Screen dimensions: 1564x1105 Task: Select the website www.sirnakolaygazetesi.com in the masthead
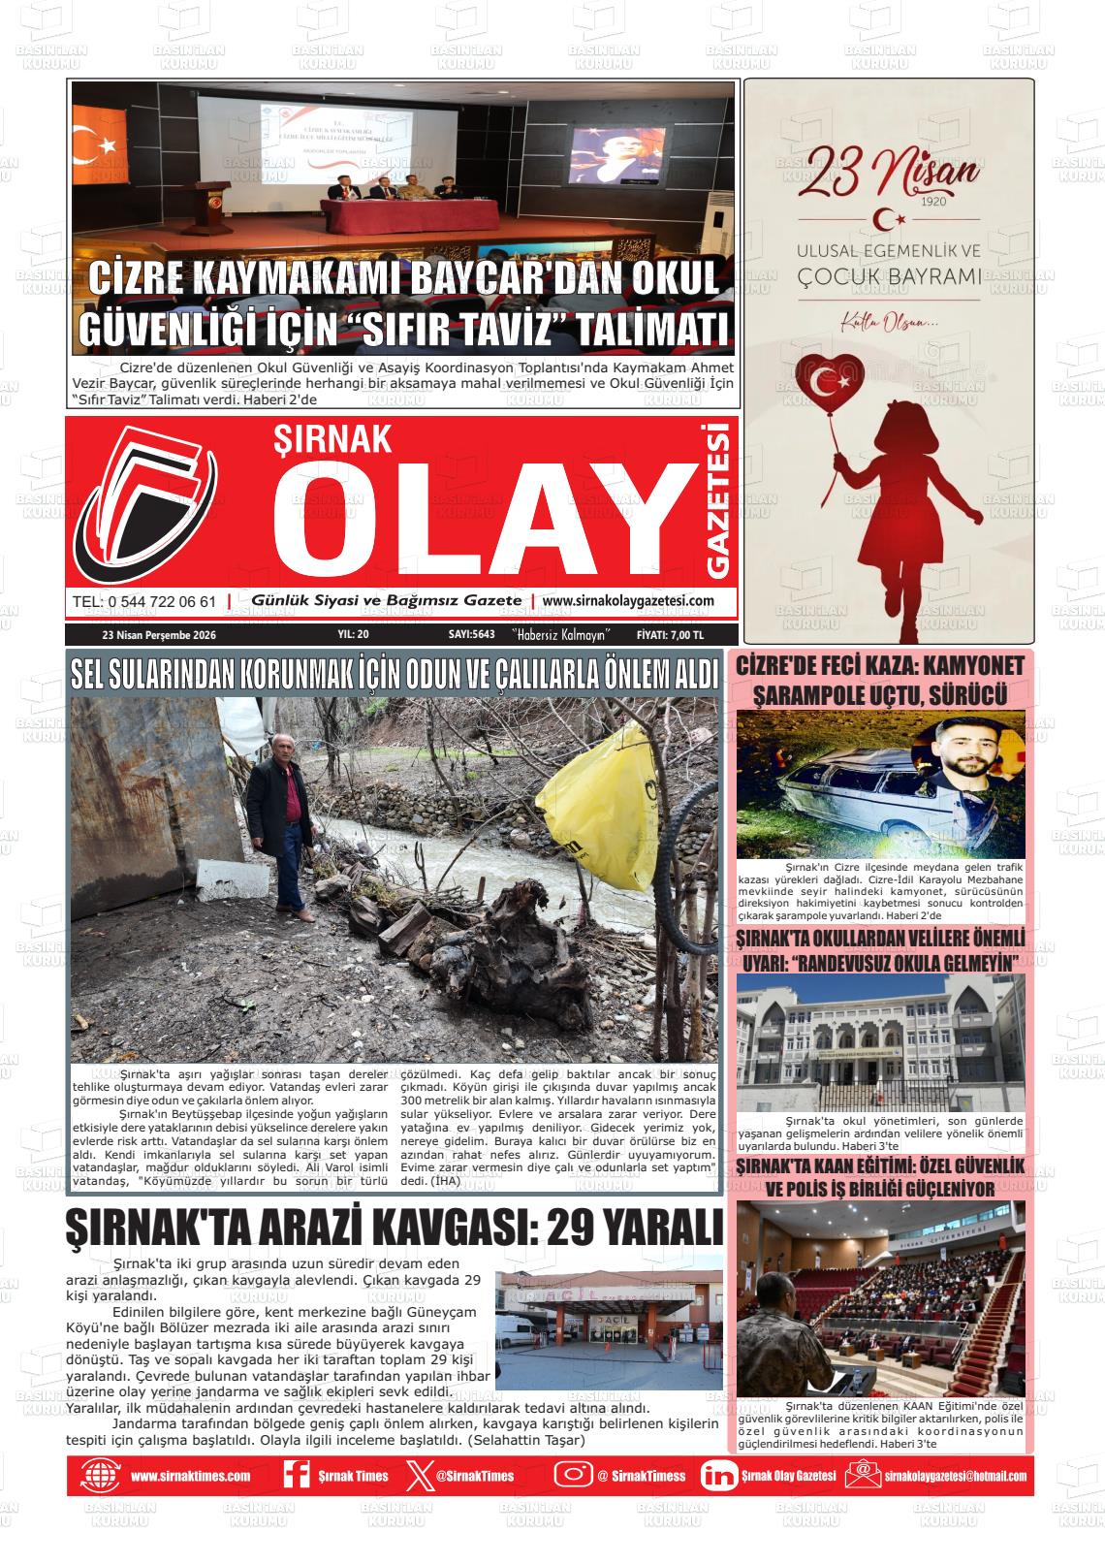pos(628,601)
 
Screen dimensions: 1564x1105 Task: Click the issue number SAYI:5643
pos(472,635)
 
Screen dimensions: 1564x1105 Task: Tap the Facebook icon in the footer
pos(295,1476)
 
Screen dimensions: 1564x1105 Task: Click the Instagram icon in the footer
pos(573,1476)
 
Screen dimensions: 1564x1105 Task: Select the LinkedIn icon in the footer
pos(718,1476)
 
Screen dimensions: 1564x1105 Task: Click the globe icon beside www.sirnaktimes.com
pos(99,1476)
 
